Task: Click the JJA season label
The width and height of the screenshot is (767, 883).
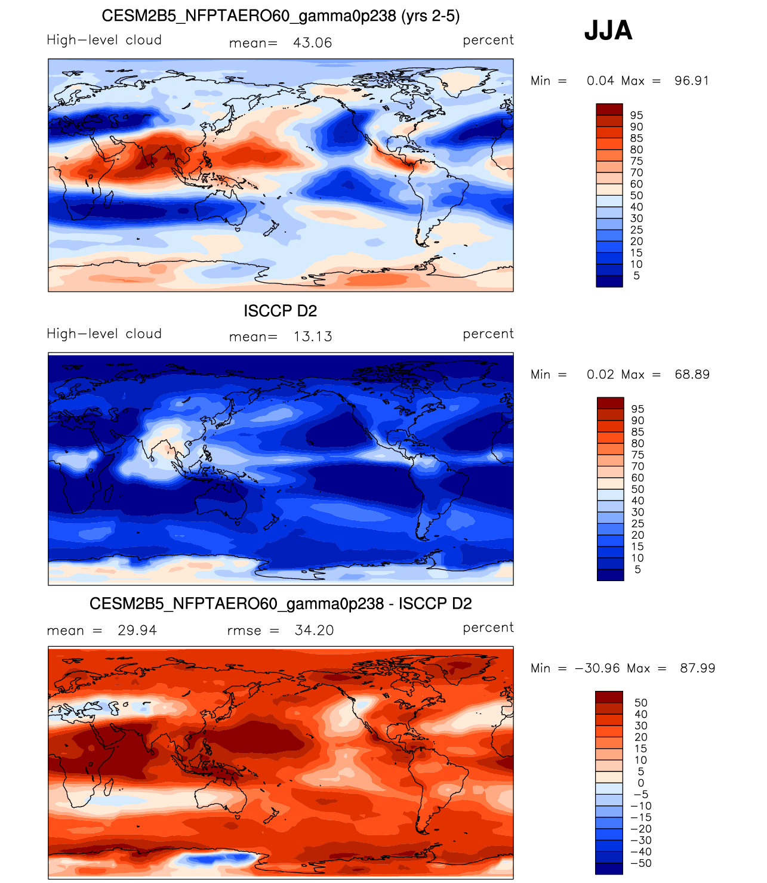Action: [608, 30]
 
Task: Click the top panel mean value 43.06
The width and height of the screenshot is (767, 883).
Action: [312, 43]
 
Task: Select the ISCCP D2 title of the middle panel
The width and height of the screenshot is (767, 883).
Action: [280, 311]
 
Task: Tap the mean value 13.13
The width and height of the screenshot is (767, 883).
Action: [312, 336]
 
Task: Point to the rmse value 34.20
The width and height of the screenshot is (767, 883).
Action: [314, 631]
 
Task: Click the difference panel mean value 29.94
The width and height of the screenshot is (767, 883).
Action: [137, 631]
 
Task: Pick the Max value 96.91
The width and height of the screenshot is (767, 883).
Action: [691, 81]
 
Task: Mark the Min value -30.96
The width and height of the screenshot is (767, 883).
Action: [597, 668]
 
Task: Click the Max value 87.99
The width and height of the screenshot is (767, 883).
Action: [697, 668]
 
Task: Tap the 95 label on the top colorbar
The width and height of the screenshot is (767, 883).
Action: [636, 115]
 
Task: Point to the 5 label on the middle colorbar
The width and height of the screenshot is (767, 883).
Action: [637, 569]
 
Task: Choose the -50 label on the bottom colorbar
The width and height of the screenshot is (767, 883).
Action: [641, 863]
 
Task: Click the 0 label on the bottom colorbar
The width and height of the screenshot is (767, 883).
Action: [641, 783]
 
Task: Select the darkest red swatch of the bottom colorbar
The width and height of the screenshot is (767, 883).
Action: [609, 697]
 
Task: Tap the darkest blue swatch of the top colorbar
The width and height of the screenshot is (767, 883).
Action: [609, 281]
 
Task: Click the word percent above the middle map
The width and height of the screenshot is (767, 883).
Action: [488, 334]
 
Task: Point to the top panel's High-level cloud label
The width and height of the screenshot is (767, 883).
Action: [104, 40]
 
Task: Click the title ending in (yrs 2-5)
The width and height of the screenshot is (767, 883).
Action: [281, 16]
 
